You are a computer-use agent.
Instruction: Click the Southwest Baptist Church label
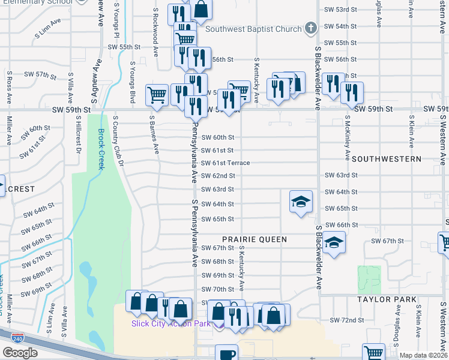253,29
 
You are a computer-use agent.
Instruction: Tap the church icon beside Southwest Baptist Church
310,28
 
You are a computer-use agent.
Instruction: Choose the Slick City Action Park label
171,324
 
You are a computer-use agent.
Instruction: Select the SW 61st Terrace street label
225,163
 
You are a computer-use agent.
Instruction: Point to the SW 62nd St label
217,176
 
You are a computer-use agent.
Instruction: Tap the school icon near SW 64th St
301,202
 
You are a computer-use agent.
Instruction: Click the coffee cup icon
226,353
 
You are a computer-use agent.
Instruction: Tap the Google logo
20,352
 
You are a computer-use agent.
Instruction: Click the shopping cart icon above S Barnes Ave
157,94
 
